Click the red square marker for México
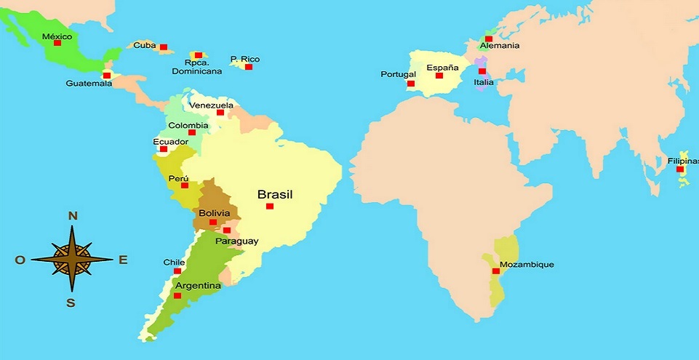coord(57,43)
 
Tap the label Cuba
coord(144,45)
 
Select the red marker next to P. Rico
coord(249,67)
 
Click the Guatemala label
coord(89,84)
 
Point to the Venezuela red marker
coord(220,113)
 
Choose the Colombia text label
coord(188,124)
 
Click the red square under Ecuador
coord(164,149)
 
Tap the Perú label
coord(178,178)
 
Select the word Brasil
coord(275,194)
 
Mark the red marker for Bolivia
coord(213,223)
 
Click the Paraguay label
coord(237,241)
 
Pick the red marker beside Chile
coord(177,271)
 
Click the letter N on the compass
coord(73,215)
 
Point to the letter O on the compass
coord(20,260)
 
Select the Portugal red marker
coord(411,84)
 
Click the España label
coord(443,68)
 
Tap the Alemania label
coord(500,46)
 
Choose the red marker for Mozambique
coord(496,271)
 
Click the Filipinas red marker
coord(680,169)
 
